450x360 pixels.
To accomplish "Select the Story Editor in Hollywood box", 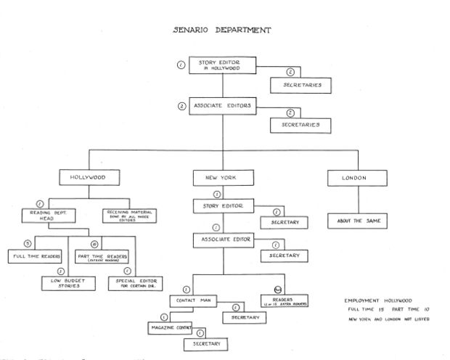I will [x=225, y=65].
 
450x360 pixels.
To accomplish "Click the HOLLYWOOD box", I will [x=89, y=177].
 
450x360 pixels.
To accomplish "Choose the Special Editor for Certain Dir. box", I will [x=136, y=284].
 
